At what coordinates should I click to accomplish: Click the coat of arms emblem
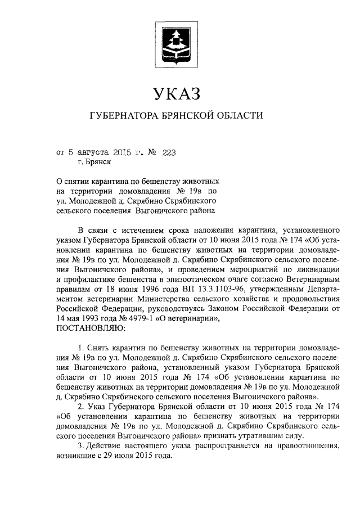175,42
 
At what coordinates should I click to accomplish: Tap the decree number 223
169,151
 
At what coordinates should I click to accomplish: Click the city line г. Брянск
94,162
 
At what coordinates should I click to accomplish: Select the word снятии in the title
79,182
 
